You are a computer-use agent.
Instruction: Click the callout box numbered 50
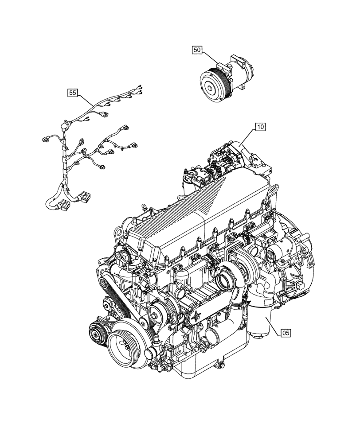[x=197, y=51]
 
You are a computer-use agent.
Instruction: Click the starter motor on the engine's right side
[x=276, y=255]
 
